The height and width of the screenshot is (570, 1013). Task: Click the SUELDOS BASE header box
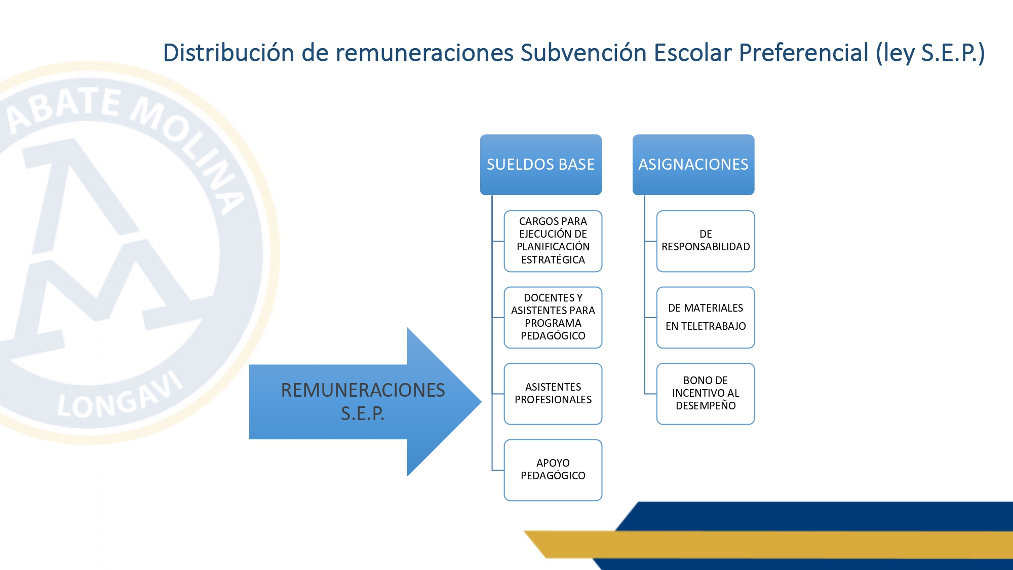(x=541, y=165)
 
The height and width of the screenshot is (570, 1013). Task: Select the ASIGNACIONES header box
(x=693, y=165)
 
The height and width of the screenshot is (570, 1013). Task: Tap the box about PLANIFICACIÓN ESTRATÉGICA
(x=553, y=241)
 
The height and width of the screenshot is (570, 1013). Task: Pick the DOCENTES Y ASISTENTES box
(x=553, y=318)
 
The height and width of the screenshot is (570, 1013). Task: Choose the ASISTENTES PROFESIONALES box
(x=553, y=394)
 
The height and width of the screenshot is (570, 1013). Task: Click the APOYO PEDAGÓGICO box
(x=553, y=470)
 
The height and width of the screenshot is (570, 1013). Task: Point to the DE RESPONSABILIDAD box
(x=706, y=241)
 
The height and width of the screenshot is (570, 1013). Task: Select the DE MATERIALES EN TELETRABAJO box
(x=706, y=318)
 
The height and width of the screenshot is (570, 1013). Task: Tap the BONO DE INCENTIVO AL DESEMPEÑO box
(x=706, y=394)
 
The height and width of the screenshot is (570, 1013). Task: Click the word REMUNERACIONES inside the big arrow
(x=363, y=390)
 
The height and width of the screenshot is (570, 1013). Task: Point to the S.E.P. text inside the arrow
(x=363, y=413)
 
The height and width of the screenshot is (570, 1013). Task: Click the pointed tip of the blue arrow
(x=481, y=402)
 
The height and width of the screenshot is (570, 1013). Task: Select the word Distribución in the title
(x=228, y=53)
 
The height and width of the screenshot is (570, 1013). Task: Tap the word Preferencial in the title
(x=804, y=53)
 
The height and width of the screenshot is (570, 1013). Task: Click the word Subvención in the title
(x=583, y=53)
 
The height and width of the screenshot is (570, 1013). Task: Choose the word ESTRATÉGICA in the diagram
(x=553, y=260)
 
